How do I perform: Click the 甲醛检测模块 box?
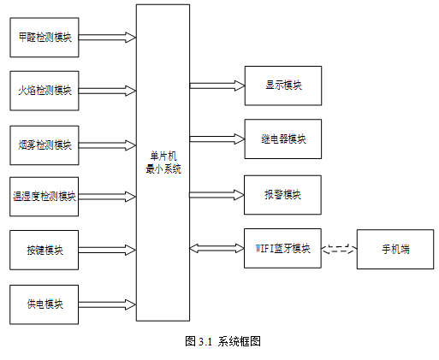point(44,38)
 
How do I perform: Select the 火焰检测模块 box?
point(44,91)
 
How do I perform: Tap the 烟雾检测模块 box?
point(44,145)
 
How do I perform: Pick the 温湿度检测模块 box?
point(44,197)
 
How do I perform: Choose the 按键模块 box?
point(44,250)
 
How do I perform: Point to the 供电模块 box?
point(44,304)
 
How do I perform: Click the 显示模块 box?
point(283,86)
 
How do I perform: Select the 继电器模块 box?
point(283,139)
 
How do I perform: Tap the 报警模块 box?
point(282,195)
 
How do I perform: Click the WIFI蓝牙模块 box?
point(282,248)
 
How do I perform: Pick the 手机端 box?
point(395,249)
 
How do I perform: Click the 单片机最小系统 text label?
point(163,162)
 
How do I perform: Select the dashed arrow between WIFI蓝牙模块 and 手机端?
point(340,249)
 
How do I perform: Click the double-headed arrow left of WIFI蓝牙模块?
point(217,248)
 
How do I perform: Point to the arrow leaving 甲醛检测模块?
point(107,38)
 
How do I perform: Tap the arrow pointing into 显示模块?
point(217,86)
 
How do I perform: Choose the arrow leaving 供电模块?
point(107,304)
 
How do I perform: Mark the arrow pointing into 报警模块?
point(217,195)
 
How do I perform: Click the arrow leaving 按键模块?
point(107,250)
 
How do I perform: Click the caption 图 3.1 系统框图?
point(222,341)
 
